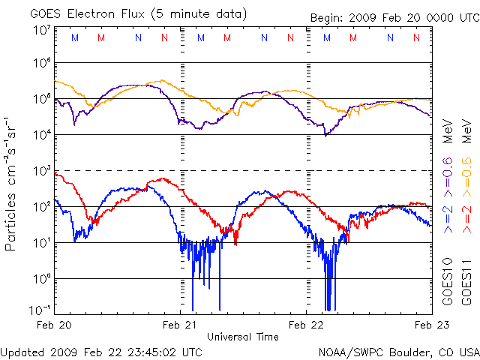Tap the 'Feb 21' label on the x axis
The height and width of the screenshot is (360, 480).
point(180,325)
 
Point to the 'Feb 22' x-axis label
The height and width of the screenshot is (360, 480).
point(306,325)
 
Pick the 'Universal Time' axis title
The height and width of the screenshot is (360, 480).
point(242,337)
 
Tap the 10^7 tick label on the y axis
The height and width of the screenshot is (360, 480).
point(42,30)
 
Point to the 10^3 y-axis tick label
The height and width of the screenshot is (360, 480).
point(42,171)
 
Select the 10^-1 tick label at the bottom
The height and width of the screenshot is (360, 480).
point(40,310)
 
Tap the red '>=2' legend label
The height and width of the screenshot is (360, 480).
point(465,217)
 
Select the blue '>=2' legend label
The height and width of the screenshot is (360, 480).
point(447,217)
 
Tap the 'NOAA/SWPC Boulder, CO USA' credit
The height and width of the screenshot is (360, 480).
point(398,352)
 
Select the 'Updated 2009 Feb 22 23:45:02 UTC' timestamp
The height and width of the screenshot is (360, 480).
point(101,352)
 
